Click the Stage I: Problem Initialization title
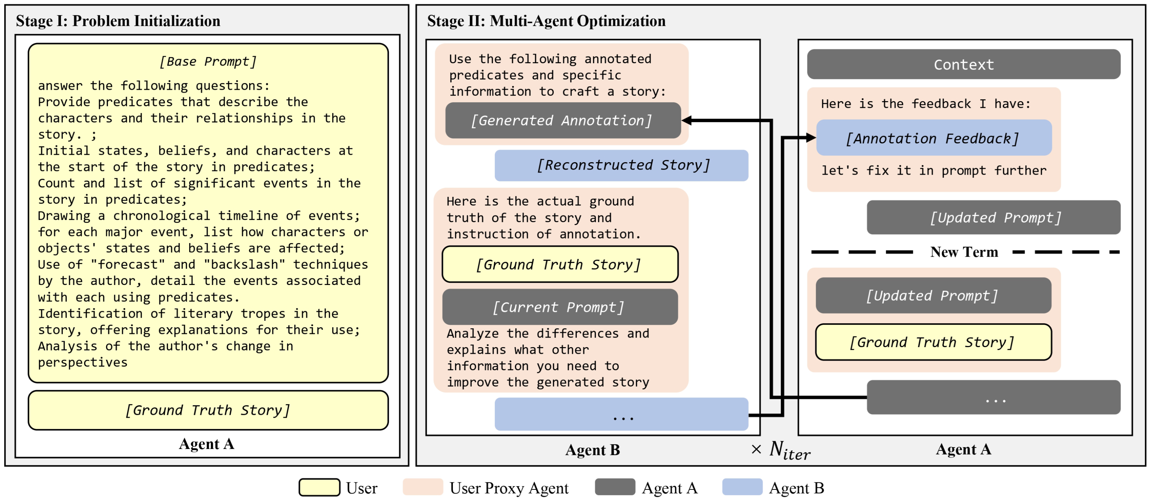coord(118,21)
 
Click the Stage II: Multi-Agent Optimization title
coord(546,21)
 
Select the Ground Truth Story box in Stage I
coord(208,410)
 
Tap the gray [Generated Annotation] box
coord(563,121)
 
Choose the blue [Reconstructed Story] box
coord(621,165)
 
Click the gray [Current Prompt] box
coord(559,307)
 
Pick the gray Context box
coord(963,64)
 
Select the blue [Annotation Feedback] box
coord(933,138)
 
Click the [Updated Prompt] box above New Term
coord(993,217)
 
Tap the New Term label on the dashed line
coord(964,252)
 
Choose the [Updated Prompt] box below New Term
coord(933,296)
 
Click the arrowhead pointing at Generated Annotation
coord(686,121)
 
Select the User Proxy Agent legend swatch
coord(422,487)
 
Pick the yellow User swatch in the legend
coord(319,487)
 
